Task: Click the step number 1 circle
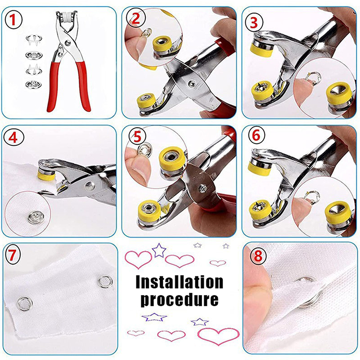pyautogui.click(x=13, y=20)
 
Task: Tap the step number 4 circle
pyautogui.click(x=13, y=138)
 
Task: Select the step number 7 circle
pyautogui.click(x=12, y=255)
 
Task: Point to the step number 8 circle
pyautogui.click(x=258, y=256)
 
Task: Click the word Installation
pyautogui.click(x=179, y=282)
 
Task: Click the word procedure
pyautogui.click(x=179, y=300)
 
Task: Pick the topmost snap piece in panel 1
pyautogui.click(x=34, y=39)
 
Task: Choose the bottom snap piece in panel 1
pyautogui.click(x=34, y=85)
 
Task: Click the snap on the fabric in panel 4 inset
pyautogui.click(x=36, y=217)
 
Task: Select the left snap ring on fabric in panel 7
pyautogui.click(x=25, y=303)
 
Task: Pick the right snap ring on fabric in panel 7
pyautogui.click(x=105, y=281)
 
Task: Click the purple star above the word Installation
pyautogui.click(x=159, y=250)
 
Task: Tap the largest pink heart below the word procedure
pyautogui.click(x=218, y=336)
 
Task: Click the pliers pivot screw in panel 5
pyautogui.click(x=203, y=189)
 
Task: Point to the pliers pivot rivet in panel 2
pyautogui.click(x=192, y=84)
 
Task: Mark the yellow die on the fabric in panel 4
pyautogui.click(x=46, y=174)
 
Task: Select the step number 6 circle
pyautogui.click(x=256, y=135)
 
